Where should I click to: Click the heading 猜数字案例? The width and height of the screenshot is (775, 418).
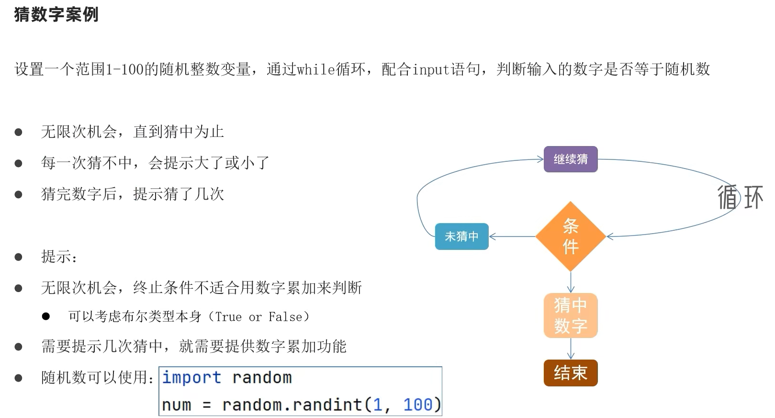pyautogui.click(x=56, y=14)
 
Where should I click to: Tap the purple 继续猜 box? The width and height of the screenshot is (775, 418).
pyautogui.click(x=570, y=159)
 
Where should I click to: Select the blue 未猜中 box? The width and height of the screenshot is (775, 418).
pyautogui.click(x=461, y=237)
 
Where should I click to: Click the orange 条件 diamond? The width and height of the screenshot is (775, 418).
pyautogui.click(x=570, y=237)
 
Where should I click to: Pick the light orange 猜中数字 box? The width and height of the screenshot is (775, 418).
pyautogui.click(x=570, y=316)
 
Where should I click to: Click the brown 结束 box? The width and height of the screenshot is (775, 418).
pyautogui.click(x=570, y=373)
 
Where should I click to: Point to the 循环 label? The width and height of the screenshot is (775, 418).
pyautogui.click(x=740, y=197)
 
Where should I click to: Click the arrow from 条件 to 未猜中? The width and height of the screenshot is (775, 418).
pyautogui.click(x=512, y=237)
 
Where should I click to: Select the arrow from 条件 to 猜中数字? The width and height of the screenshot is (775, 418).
pyautogui.click(x=570, y=282)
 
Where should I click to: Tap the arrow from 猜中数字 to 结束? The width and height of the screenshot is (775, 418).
pyautogui.click(x=570, y=349)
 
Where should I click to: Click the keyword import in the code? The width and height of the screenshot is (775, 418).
pyautogui.click(x=191, y=378)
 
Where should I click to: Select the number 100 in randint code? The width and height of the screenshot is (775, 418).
pyautogui.click(x=417, y=405)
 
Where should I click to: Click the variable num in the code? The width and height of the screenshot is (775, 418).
pyautogui.click(x=176, y=405)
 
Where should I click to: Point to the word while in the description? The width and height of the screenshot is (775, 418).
pyautogui.click(x=316, y=69)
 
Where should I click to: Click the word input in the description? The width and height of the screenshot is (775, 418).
pyautogui.click(x=431, y=69)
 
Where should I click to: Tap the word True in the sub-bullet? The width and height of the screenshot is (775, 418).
pyautogui.click(x=228, y=317)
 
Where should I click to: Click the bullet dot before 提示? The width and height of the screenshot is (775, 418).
pyautogui.click(x=19, y=257)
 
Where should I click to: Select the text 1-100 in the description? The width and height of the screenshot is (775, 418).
pyautogui.click(x=124, y=69)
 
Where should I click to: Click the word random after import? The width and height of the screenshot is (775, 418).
pyautogui.click(x=262, y=378)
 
